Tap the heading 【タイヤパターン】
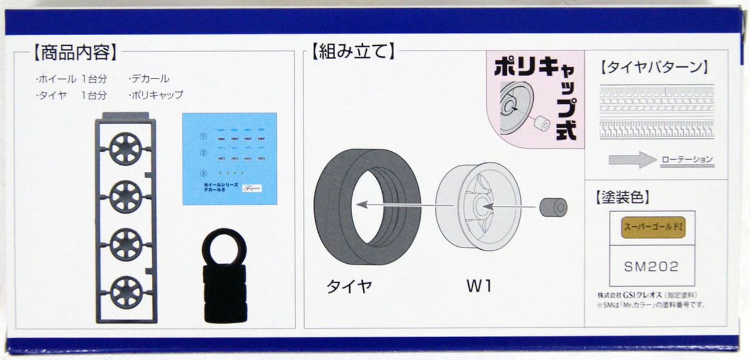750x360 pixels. (x=654, y=67)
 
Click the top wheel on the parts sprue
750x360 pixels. (x=125, y=148)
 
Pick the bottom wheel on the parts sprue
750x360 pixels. (x=125, y=291)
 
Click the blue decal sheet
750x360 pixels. (x=229, y=158)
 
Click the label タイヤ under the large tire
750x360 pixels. (x=349, y=287)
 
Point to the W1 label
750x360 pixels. (x=479, y=287)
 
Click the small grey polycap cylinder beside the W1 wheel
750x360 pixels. (x=553, y=207)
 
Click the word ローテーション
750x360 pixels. (x=687, y=160)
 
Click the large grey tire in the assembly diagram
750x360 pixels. (x=367, y=207)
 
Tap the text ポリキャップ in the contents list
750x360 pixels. (x=155, y=94)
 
